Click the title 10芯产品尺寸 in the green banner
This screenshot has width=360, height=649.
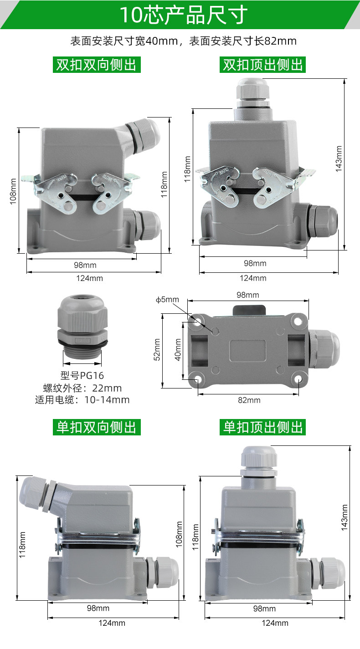pos(184,15)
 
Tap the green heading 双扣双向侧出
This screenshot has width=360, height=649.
pos(97,65)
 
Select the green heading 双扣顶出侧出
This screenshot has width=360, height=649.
pos(262,65)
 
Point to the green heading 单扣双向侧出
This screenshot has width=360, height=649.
pos(97,427)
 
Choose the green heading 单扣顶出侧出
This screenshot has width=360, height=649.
pos(262,427)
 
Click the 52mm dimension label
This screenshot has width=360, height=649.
pos(157,349)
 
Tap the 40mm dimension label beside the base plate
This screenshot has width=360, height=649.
pos(178,349)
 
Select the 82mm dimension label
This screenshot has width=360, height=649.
pos(249,400)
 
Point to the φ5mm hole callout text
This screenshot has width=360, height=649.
pos(167,299)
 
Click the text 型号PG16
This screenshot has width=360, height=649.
pos(82,375)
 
